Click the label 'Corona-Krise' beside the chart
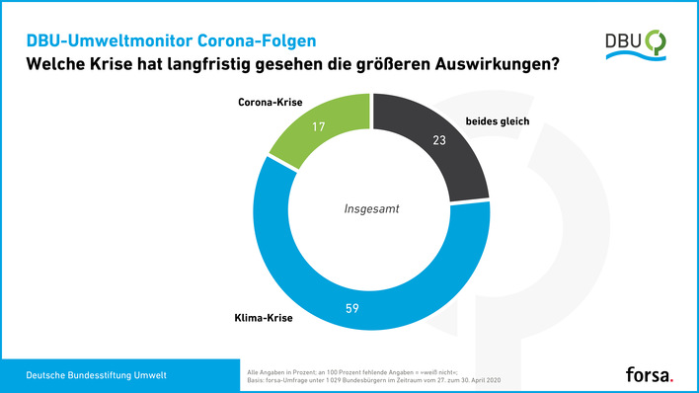pos(272,102)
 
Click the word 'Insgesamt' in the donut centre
pos(372,209)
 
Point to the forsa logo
pos(650,374)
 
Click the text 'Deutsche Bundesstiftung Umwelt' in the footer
pos(96,375)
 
